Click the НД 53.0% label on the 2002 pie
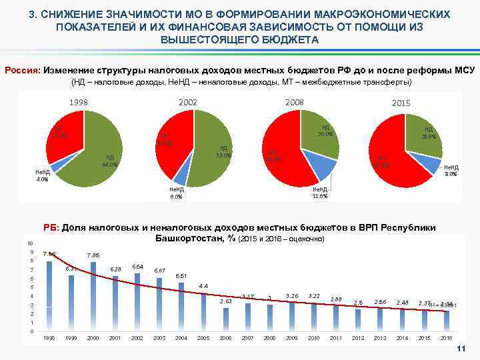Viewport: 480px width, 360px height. (x=223, y=152)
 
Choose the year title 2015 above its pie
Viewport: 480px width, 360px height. (x=401, y=103)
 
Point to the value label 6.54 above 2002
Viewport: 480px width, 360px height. (x=138, y=266)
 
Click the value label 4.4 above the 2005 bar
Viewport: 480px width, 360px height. (x=204, y=286)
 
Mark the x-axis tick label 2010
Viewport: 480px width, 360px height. (x=313, y=338)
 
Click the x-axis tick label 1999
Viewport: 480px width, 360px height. (x=71, y=338)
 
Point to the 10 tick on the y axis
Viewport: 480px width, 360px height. (x=29, y=243)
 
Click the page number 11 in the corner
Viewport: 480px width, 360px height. (x=459, y=350)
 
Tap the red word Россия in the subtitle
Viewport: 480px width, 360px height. (x=23, y=70)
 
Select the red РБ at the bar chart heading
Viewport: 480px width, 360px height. (x=51, y=228)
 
